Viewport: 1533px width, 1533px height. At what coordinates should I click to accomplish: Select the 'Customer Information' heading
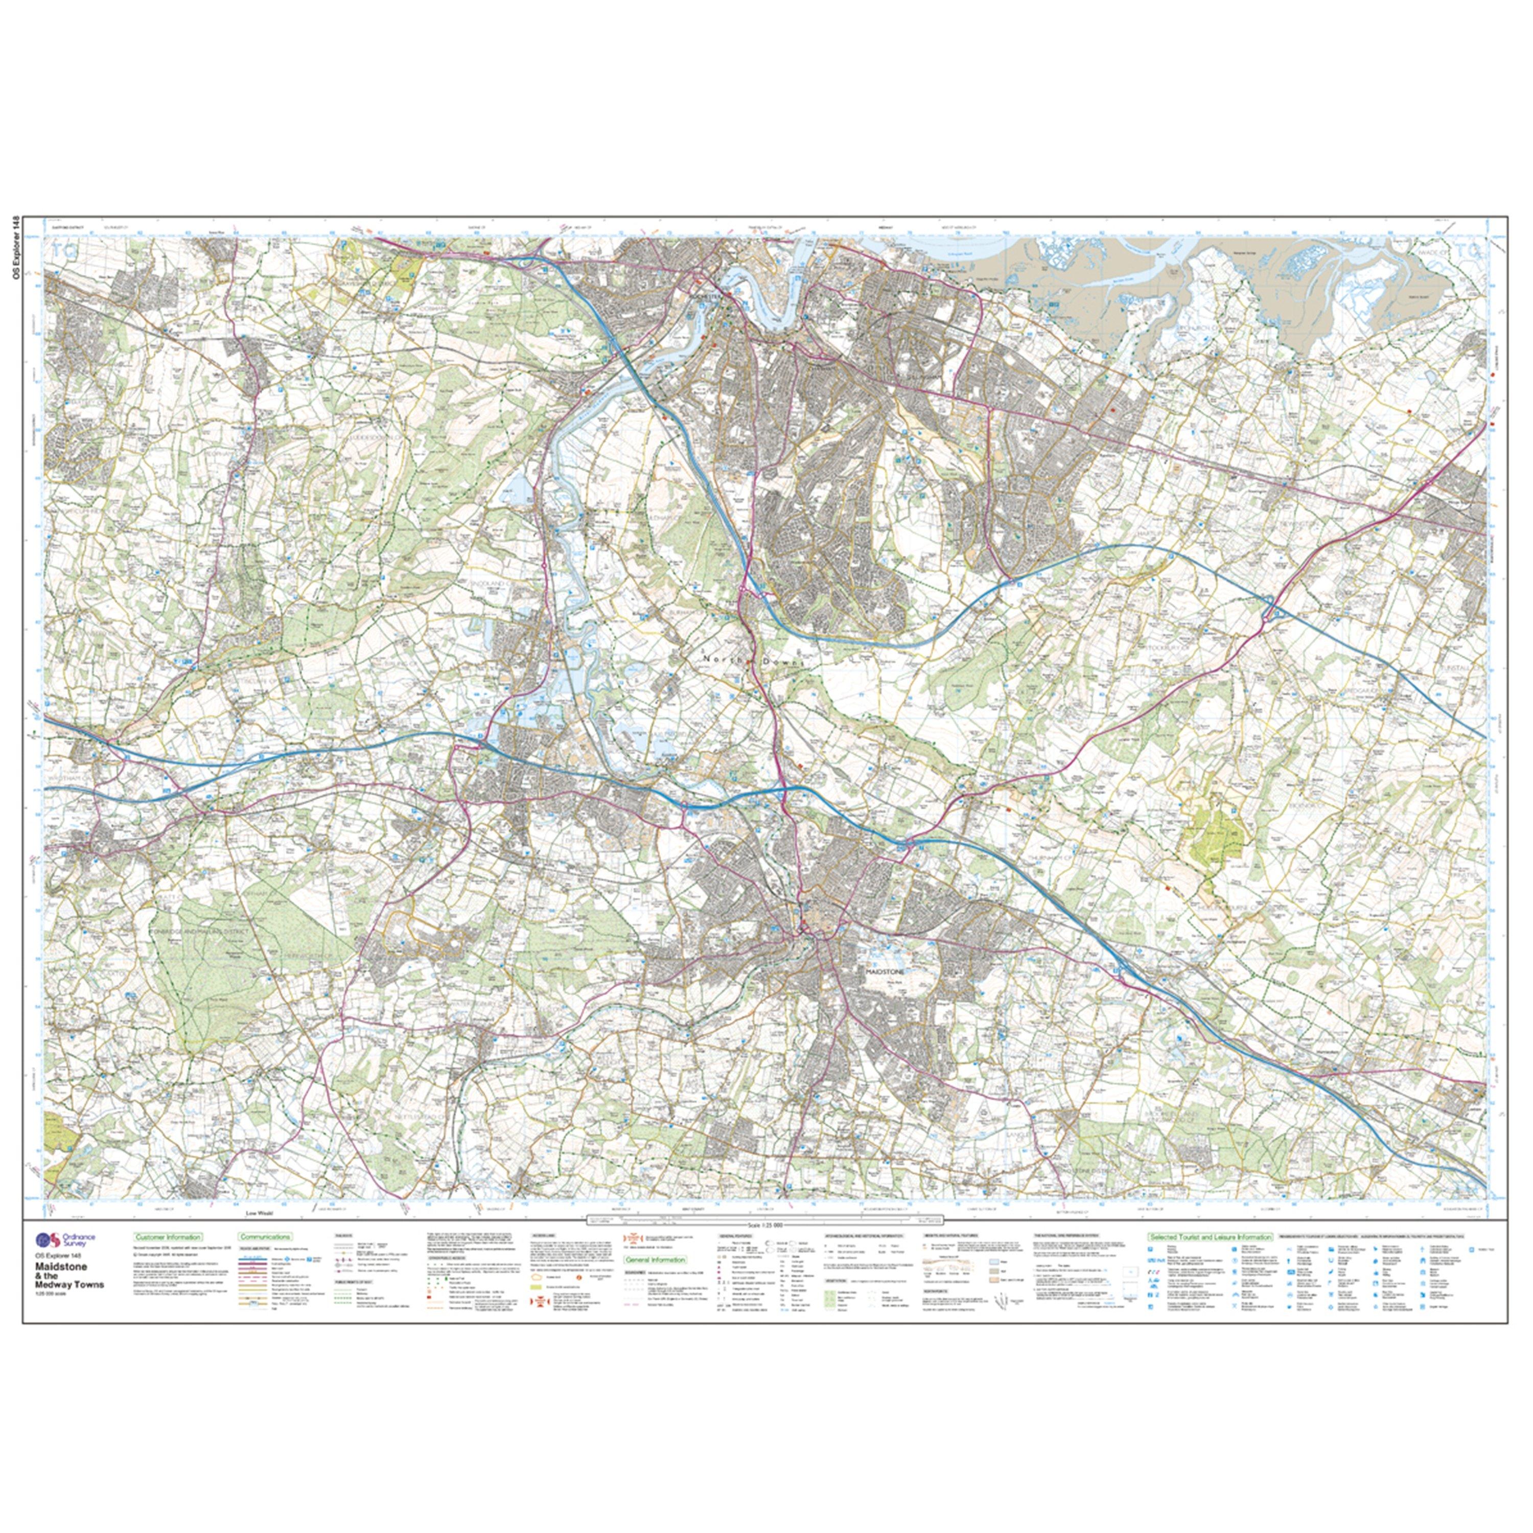(168, 1236)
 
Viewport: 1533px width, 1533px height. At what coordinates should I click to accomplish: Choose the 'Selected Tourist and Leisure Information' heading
(1210, 1236)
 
